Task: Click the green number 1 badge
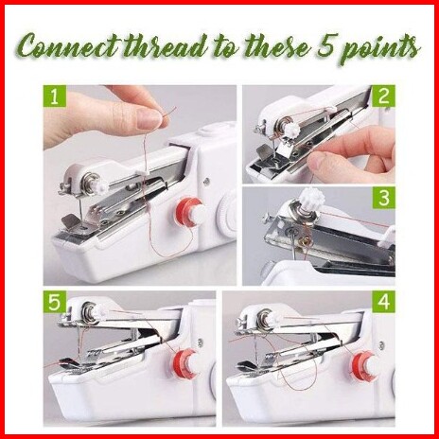(55, 97)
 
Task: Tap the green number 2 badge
(383, 97)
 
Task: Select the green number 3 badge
(384, 198)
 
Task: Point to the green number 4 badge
(384, 302)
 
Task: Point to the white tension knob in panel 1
(101, 187)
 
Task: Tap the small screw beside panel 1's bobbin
(206, 181)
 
